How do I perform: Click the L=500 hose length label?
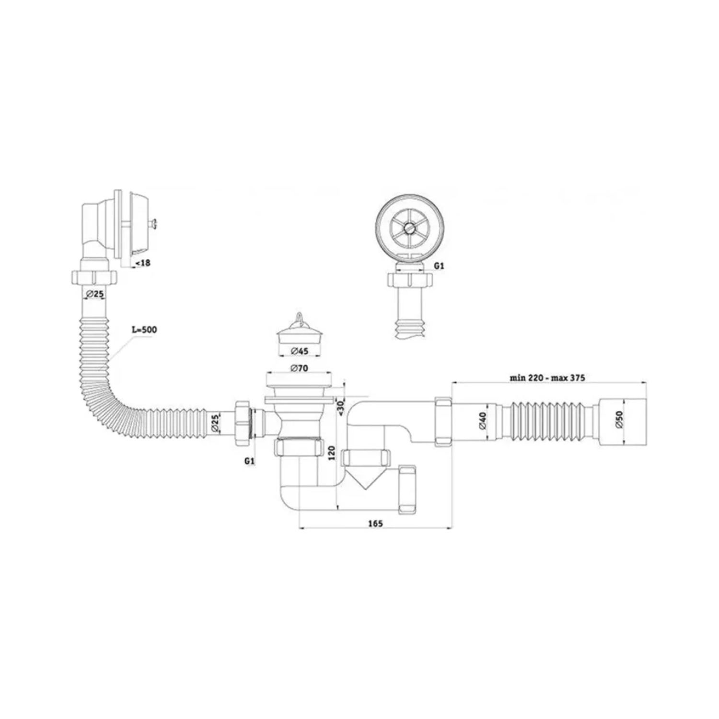144,330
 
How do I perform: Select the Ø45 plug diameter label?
300,351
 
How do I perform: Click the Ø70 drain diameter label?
299,369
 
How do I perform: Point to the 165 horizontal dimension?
375,523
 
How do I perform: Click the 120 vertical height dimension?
331,452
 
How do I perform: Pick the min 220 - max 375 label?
547,378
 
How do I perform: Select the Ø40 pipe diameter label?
482,420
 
